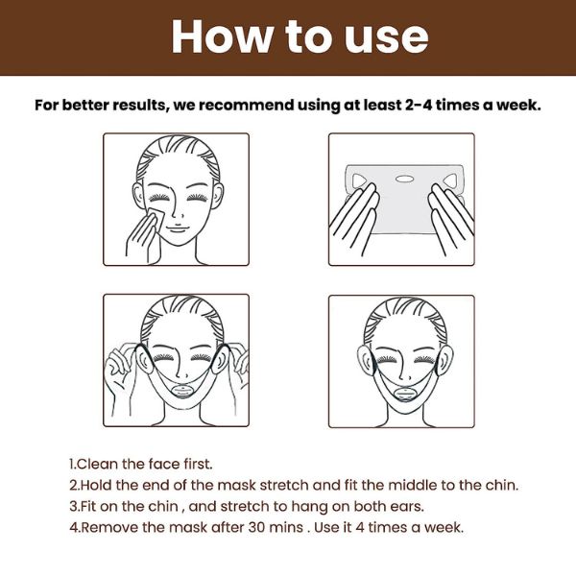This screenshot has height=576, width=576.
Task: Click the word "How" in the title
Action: (222, 36)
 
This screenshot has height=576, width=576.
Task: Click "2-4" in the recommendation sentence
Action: (419, 105)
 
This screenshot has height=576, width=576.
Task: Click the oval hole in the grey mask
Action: (404, 180)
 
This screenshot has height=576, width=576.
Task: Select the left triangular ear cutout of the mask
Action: (359, 180)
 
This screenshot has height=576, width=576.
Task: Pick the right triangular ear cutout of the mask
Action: (449, 180)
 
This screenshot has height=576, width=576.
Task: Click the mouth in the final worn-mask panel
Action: (404, 395)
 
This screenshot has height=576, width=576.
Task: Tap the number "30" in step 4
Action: (257, 527)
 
